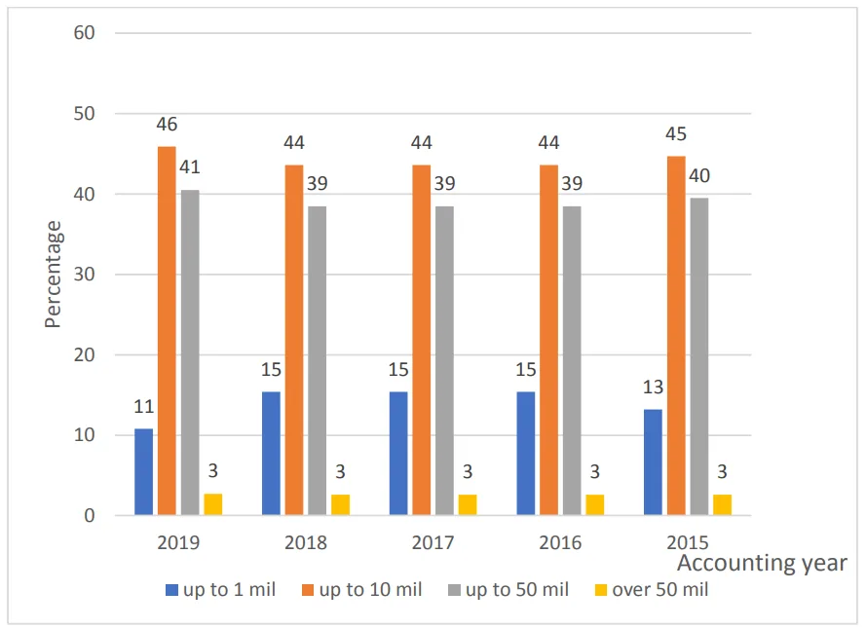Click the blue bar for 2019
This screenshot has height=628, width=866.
pyautogui.click(x=144, y=472)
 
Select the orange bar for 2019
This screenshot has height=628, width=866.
pyautogui.click(x=167, y=331)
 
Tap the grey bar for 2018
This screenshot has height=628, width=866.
pyautogui.click(x=317, y=360)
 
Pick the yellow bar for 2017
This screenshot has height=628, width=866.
pyautogui.click(x=468, y=505)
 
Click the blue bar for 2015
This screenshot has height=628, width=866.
pyautogui.click(x=653, y=462)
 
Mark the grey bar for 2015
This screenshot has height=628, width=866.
pyautogui.click(x=698, y=356)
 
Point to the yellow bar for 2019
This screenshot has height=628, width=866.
pyautogui.click(x=213, y=504)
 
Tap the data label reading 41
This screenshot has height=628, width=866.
pyautogui.click(x=191, y=168)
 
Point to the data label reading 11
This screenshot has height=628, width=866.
pyautogui.click(x=145, y=407)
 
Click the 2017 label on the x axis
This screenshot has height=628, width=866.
pyautogui.click(x=433, y=542)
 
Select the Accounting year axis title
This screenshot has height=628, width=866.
pyautogui.click(x=761, y=564)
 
